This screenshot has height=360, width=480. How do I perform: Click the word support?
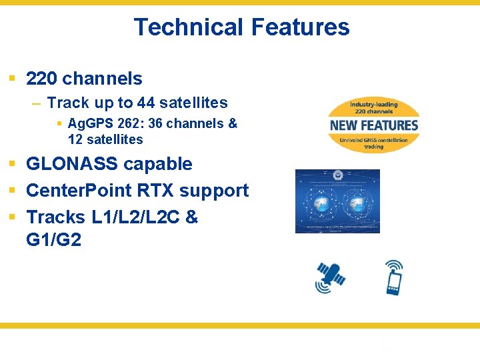[214, 191]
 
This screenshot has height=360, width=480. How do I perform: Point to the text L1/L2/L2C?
[135, 217]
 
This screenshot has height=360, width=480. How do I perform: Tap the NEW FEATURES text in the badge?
[374, 125]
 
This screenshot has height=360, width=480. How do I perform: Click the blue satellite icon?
[331, 277]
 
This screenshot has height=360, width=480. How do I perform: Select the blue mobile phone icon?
[395, 277]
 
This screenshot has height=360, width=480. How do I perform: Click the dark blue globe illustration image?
[337, 201]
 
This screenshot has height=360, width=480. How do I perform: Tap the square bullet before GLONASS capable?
[12, 165]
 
